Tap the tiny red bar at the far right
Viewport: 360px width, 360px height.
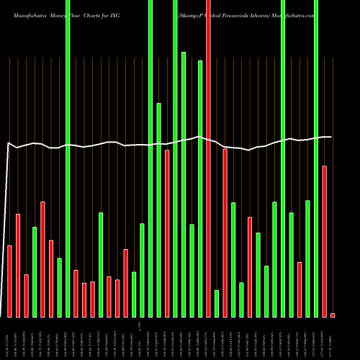333,315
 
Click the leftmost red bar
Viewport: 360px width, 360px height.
10,281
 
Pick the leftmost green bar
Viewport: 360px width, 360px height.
35,271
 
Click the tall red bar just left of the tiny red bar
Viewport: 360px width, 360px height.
325,241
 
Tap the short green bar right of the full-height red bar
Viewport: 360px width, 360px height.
217,303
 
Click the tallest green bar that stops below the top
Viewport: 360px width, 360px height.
184,184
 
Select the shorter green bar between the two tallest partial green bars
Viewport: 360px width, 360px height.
192,271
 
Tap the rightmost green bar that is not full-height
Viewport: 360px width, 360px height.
308,258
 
